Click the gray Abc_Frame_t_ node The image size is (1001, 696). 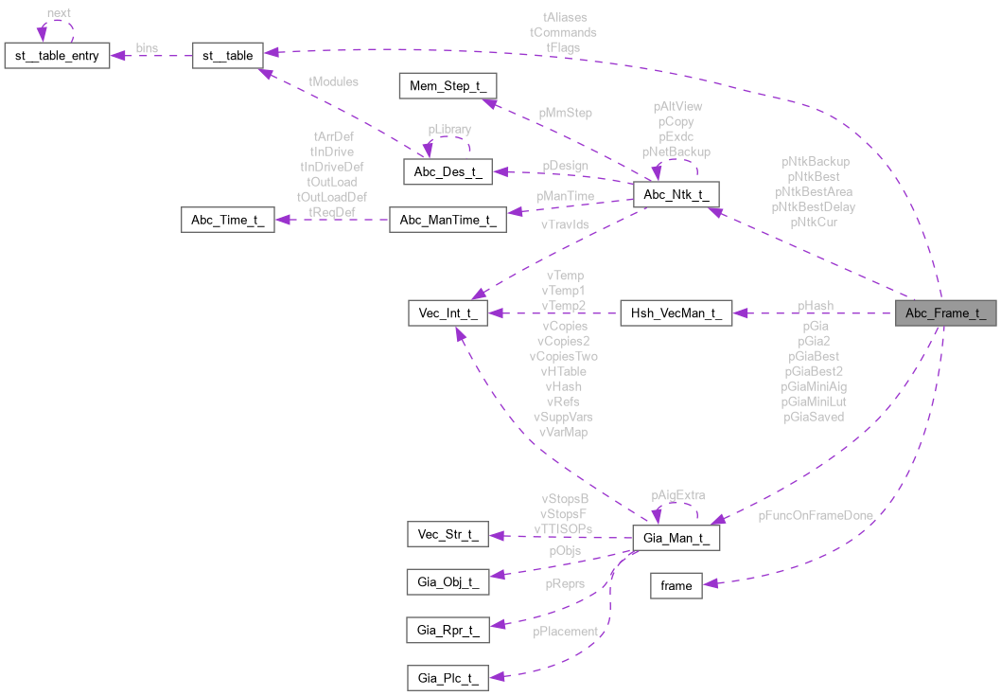coord(945,314)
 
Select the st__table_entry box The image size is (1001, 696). coord(58,55)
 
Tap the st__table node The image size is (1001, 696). coord(227,55)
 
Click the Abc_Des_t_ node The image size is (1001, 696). coord(448,171)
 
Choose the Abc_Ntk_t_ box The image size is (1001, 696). coord(676,195)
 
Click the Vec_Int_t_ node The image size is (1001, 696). coord(448,314)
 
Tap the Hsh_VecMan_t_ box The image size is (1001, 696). coord(676,314)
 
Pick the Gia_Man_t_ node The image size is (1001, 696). coord(676,537)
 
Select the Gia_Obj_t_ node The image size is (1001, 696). coord(448,580)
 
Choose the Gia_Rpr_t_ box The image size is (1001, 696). coord(448,629)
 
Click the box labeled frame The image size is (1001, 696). coord(676,585)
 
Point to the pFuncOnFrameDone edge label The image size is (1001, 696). coord(815,516)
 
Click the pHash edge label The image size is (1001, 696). coord(816,306)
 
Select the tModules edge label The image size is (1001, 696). coord(334,81)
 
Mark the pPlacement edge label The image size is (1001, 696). coord(565,632)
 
